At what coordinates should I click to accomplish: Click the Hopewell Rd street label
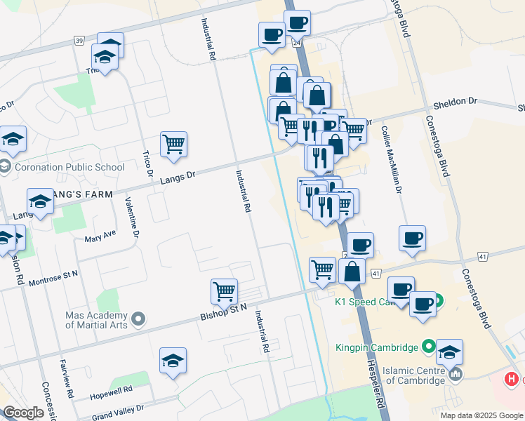point(112,391)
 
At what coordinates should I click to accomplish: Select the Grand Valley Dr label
point(118,408)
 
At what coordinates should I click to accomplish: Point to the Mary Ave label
point(100,234)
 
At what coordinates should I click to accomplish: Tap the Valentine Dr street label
point(132,218)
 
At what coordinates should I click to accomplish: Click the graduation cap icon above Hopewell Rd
point(173,361)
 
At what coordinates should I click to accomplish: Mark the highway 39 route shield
point(79,41)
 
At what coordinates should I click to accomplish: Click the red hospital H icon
point(512,379)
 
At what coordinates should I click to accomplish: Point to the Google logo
point(23,413)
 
